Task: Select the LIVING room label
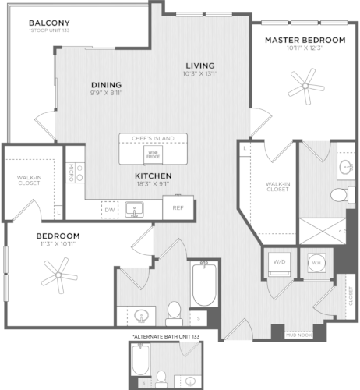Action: pyautogui.click(x=199, y=65)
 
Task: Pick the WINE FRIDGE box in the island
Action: pyautogui.click(x=154, y=153)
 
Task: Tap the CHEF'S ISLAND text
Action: pyautogui.click(x=154, y=139)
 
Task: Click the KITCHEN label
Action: pyautogui.click(x=153, y=176)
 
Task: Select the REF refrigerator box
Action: pyautogui.click(x=178, y=208)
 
